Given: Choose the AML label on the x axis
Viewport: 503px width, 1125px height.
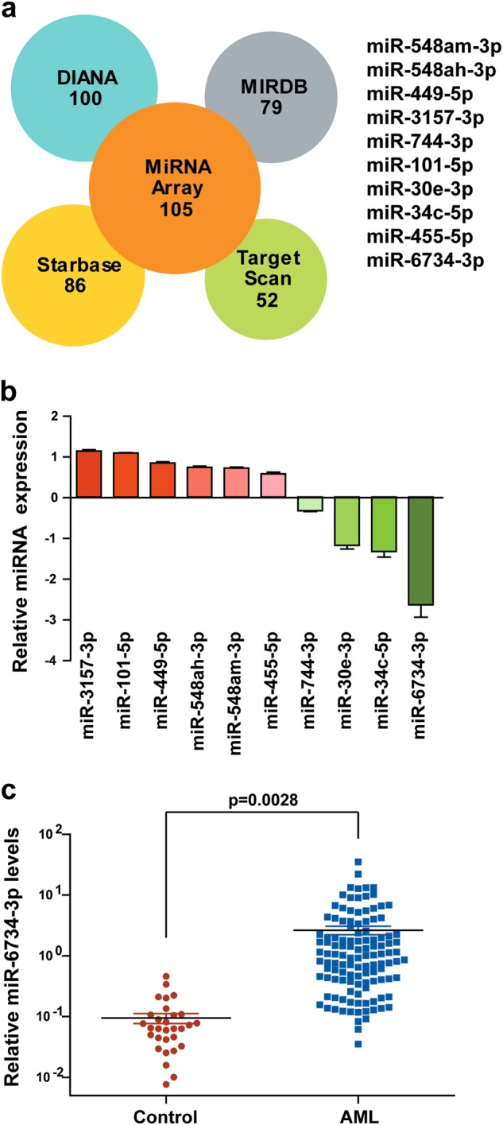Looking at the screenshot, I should tap(358, 1111).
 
